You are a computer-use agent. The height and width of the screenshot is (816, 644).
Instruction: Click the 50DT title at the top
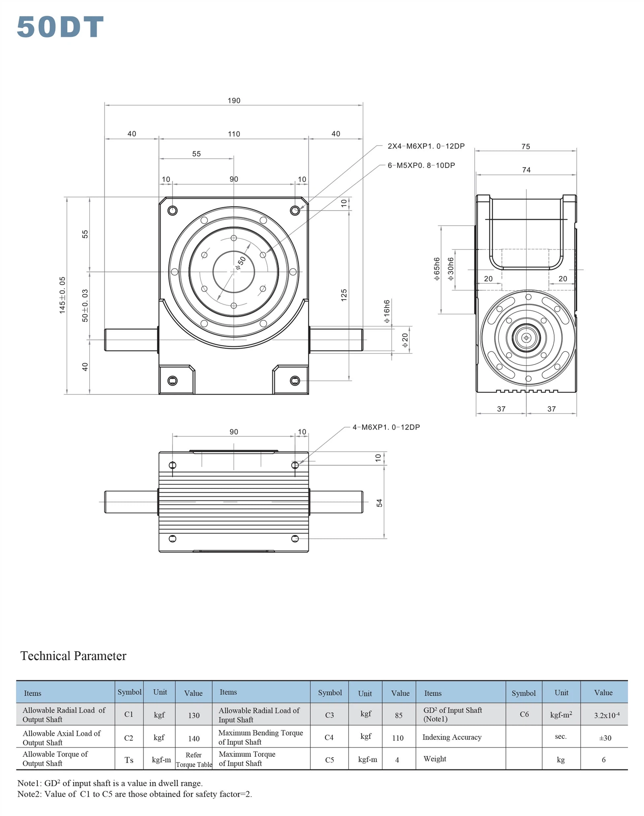click(x=60, y=27)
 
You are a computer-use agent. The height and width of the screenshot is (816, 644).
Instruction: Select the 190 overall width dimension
click(x=233, y=100)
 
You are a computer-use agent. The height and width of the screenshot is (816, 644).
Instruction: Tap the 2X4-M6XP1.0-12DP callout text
click(x=426, y=146)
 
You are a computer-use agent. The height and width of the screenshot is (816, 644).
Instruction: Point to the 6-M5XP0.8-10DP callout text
click(x=421, y=165)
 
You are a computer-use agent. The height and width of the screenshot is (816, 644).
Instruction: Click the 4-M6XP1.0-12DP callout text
click(x=386, y=427)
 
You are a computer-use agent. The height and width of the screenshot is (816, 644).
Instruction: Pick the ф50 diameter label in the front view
click(x=241, y=262)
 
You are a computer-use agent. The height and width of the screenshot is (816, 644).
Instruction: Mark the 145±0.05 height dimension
click(x=62, y=295)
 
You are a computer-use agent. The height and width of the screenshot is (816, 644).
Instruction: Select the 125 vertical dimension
click(x=344, y=295)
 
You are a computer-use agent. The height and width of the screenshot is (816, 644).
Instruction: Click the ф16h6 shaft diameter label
click(x=387, y=311)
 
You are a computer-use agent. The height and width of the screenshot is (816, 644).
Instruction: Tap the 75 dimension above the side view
click(x=526, y=147)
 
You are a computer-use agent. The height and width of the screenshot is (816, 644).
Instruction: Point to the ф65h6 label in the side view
click(x=437, y=269)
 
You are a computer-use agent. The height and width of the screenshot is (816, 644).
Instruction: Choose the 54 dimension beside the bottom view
click(x=379, y=503)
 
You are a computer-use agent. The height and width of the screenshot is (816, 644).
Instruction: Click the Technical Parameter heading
click(x=73, y=656)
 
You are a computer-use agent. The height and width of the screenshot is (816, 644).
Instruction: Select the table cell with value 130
click(x=194, y=715)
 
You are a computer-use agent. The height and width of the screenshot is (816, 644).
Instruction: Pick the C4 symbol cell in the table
click(x=329, y=737)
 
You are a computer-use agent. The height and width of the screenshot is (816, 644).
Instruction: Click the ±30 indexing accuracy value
click(x=605, y=738)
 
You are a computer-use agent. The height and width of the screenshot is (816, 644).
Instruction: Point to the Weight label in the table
click(x=435, y=759)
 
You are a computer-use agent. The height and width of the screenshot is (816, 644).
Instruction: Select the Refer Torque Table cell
click(x=194, y=760)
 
